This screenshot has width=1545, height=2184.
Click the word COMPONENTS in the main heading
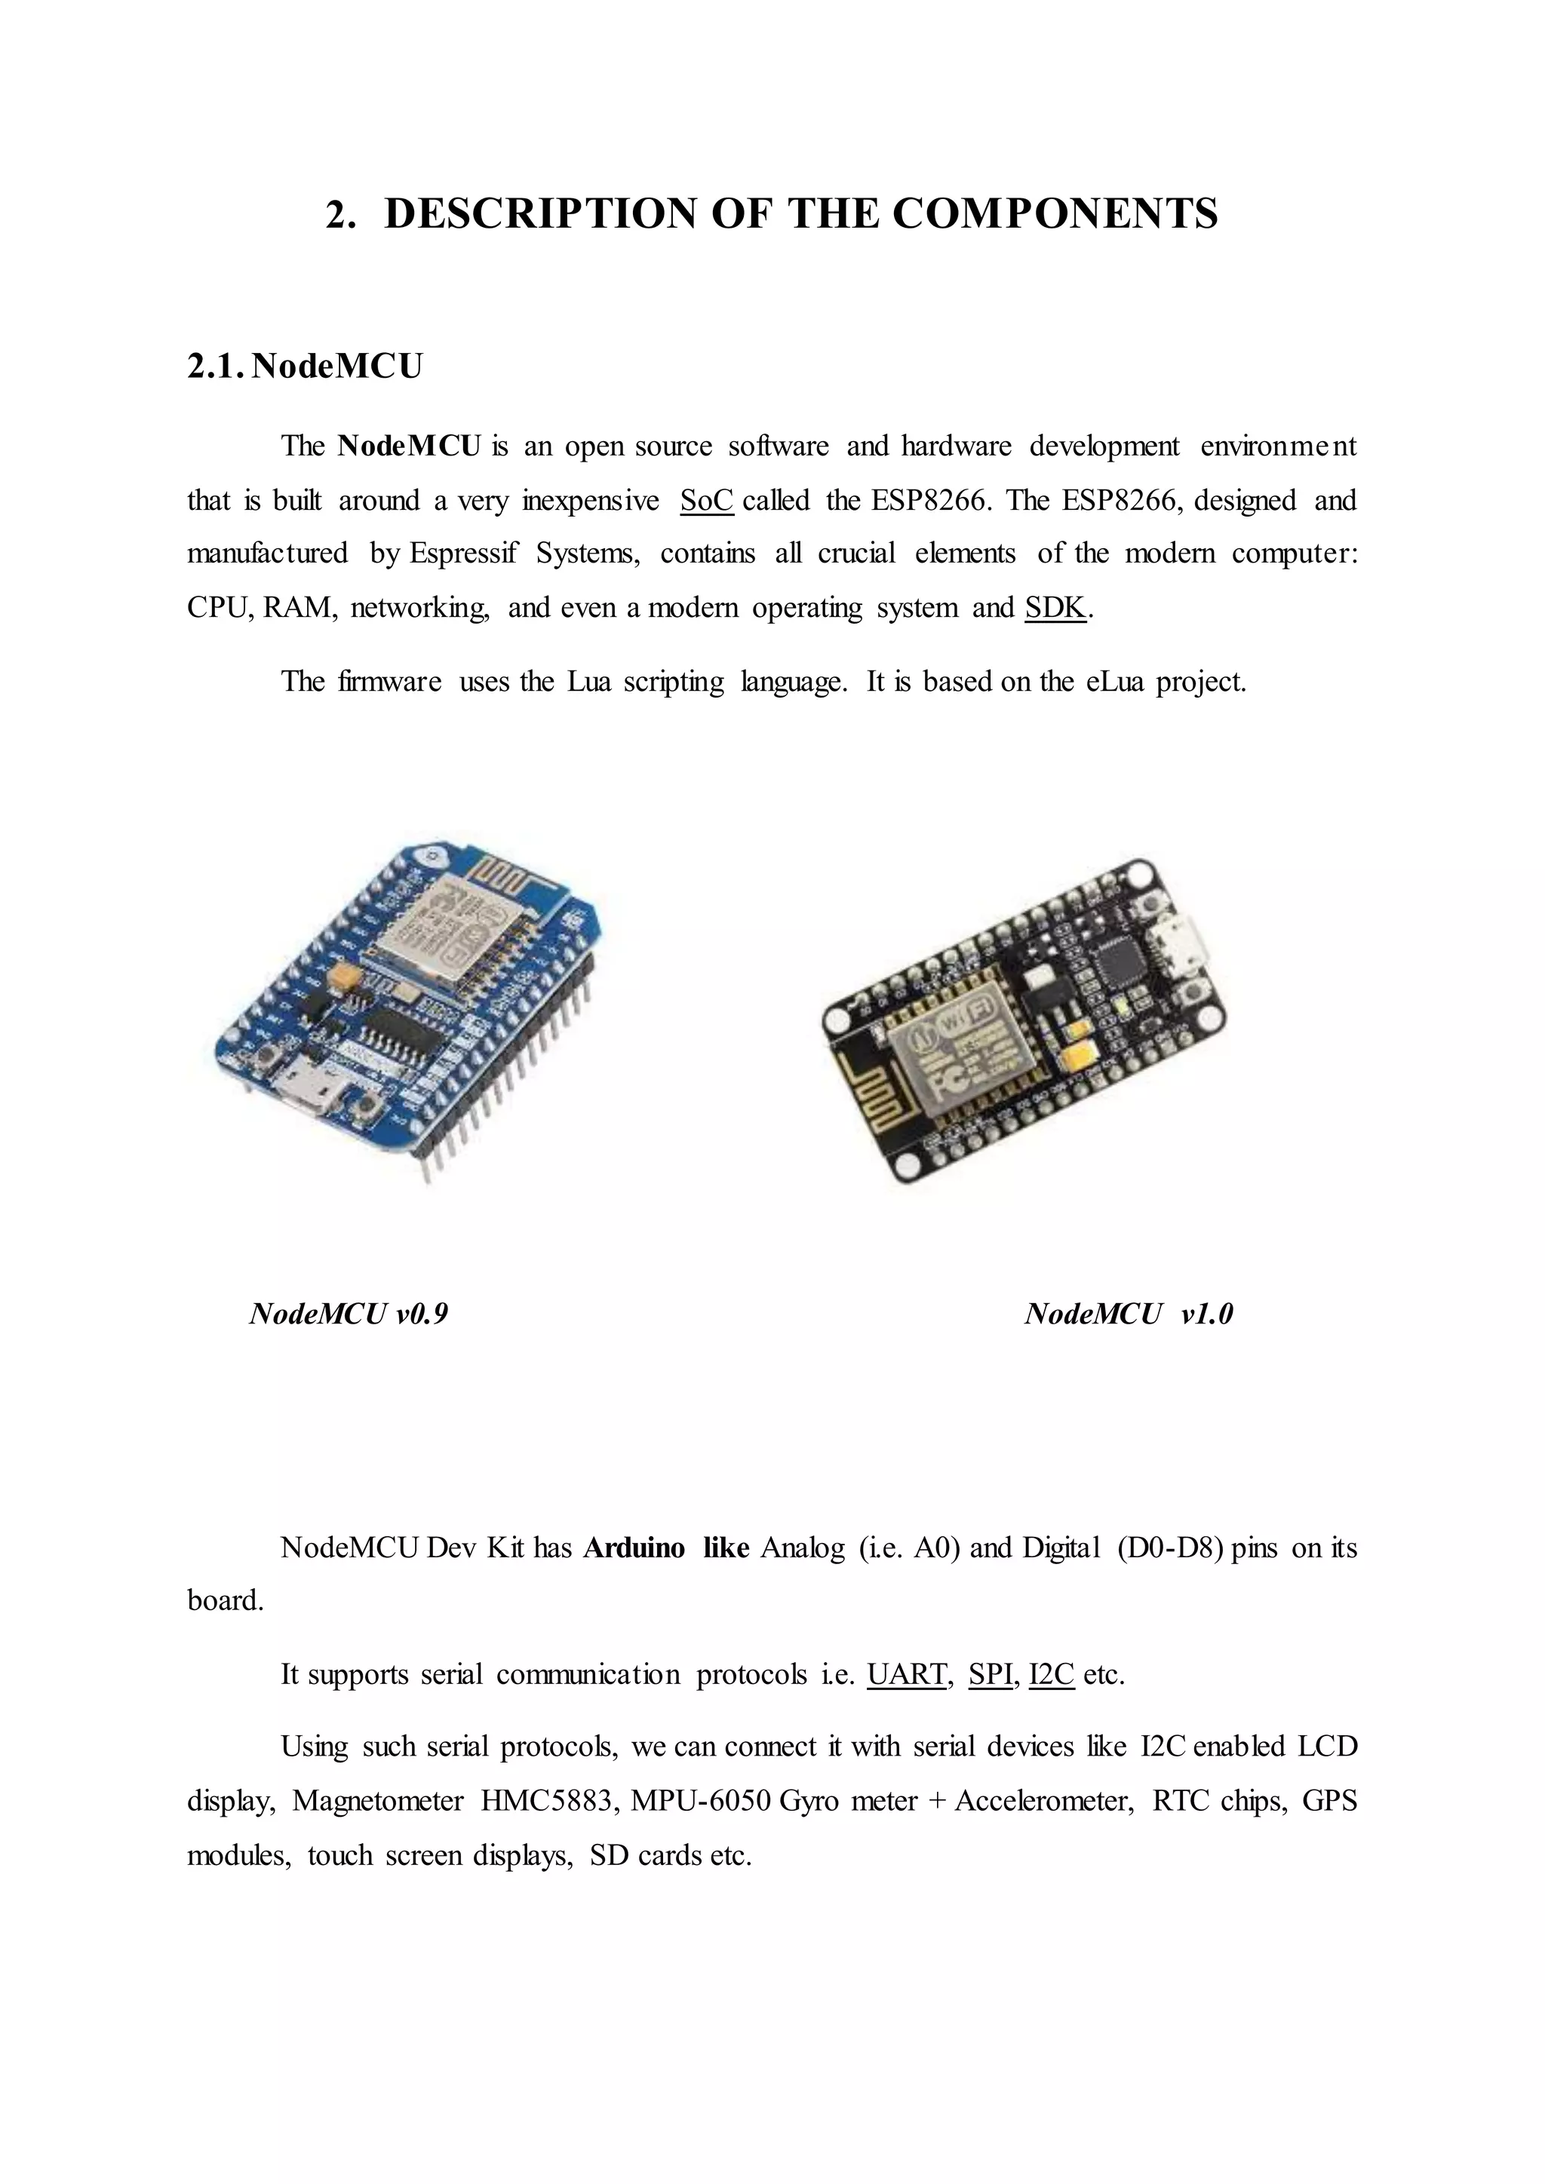pyautogui.click(x=1055, y=213)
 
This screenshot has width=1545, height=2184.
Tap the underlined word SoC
pyautogui.click(x=707, y=500)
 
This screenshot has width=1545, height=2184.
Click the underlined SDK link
pyautogui.click(x=1055, y=608)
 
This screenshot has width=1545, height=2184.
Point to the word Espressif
pyautogui.click(x=462, y=554)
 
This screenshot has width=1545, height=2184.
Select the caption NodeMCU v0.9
pyautogui.click(x=349, y=1314)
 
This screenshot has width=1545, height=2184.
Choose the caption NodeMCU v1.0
pyautogui.click(x=1129, y=1314)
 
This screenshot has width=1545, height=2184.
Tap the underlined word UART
pyautogui.click(x=907, y=1674)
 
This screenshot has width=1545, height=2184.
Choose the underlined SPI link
pyautogui.click(x=990, y=1674)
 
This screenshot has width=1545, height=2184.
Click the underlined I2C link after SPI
pyautogui.click(x=1051, y=1674)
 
